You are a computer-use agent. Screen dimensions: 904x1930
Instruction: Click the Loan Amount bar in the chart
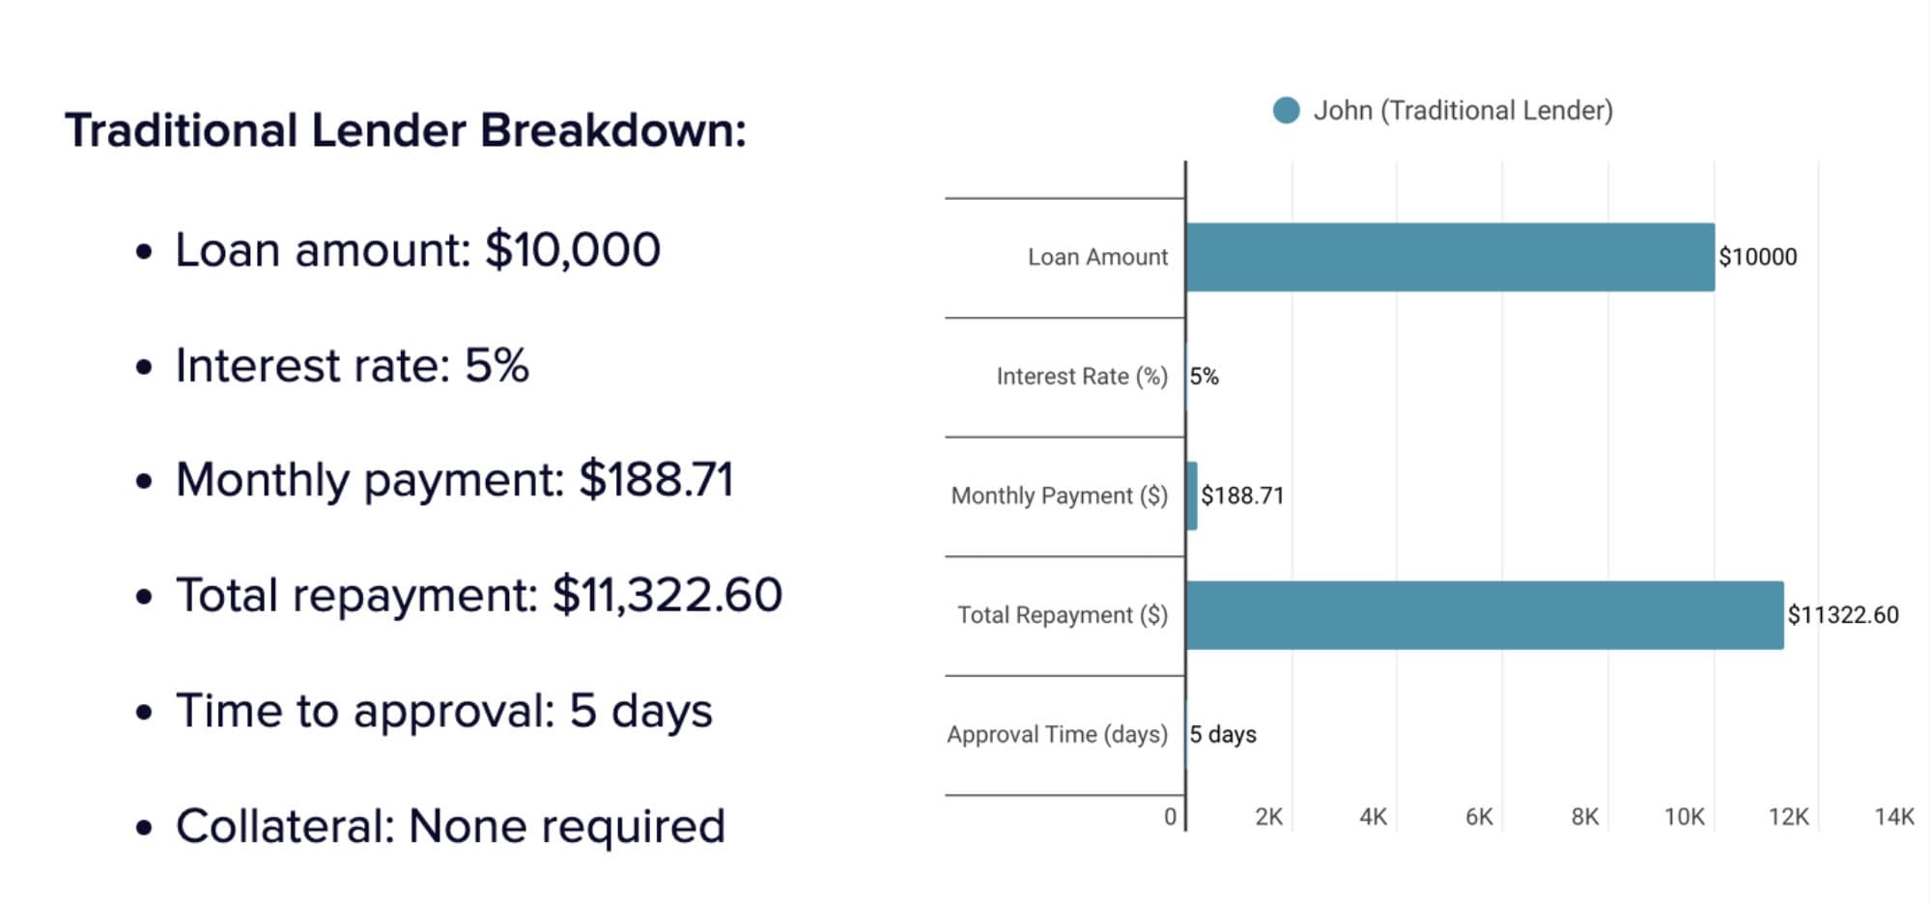(x=1449, y=257)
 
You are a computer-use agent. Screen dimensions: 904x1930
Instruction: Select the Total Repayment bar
(x=1484, y=615)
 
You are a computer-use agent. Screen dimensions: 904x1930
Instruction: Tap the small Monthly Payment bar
(x=1192, y=495)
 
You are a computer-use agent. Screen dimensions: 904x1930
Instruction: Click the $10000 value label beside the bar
(x=1757, y=257)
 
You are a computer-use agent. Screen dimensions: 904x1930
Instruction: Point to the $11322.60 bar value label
(x=1842, y=615)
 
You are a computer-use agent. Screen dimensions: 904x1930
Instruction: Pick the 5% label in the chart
(x=1204, y=377)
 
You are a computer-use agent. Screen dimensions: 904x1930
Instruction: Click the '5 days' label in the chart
(x=1223, y=734)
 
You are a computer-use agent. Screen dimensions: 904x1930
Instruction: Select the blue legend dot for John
(x=1286, y=110)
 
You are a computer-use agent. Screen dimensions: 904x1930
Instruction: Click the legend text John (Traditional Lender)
(x=1462, y=110)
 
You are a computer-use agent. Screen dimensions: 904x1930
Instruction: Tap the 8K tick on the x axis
(x=1584, y=817)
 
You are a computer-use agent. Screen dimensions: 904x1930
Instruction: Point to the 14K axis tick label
(x=1893, y=817)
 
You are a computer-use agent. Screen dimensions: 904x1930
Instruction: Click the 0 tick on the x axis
(x=1170, y=817)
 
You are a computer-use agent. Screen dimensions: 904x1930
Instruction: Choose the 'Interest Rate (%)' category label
(x=1082, y=377)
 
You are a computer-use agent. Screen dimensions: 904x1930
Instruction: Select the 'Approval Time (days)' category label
(x=1057, y=734)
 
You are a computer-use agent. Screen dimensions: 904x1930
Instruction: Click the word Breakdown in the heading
(x=612, y=130)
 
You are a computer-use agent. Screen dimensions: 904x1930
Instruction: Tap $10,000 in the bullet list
(x=572, y=250)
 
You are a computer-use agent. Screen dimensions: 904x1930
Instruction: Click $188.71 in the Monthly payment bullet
(x=656, y=480)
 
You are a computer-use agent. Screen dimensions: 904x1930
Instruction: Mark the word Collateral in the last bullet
(x=284, y=827)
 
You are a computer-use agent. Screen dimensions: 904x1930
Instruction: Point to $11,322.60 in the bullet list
(x=667, y=595)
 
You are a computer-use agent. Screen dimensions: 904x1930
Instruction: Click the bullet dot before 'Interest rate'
(x=144, y=368)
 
